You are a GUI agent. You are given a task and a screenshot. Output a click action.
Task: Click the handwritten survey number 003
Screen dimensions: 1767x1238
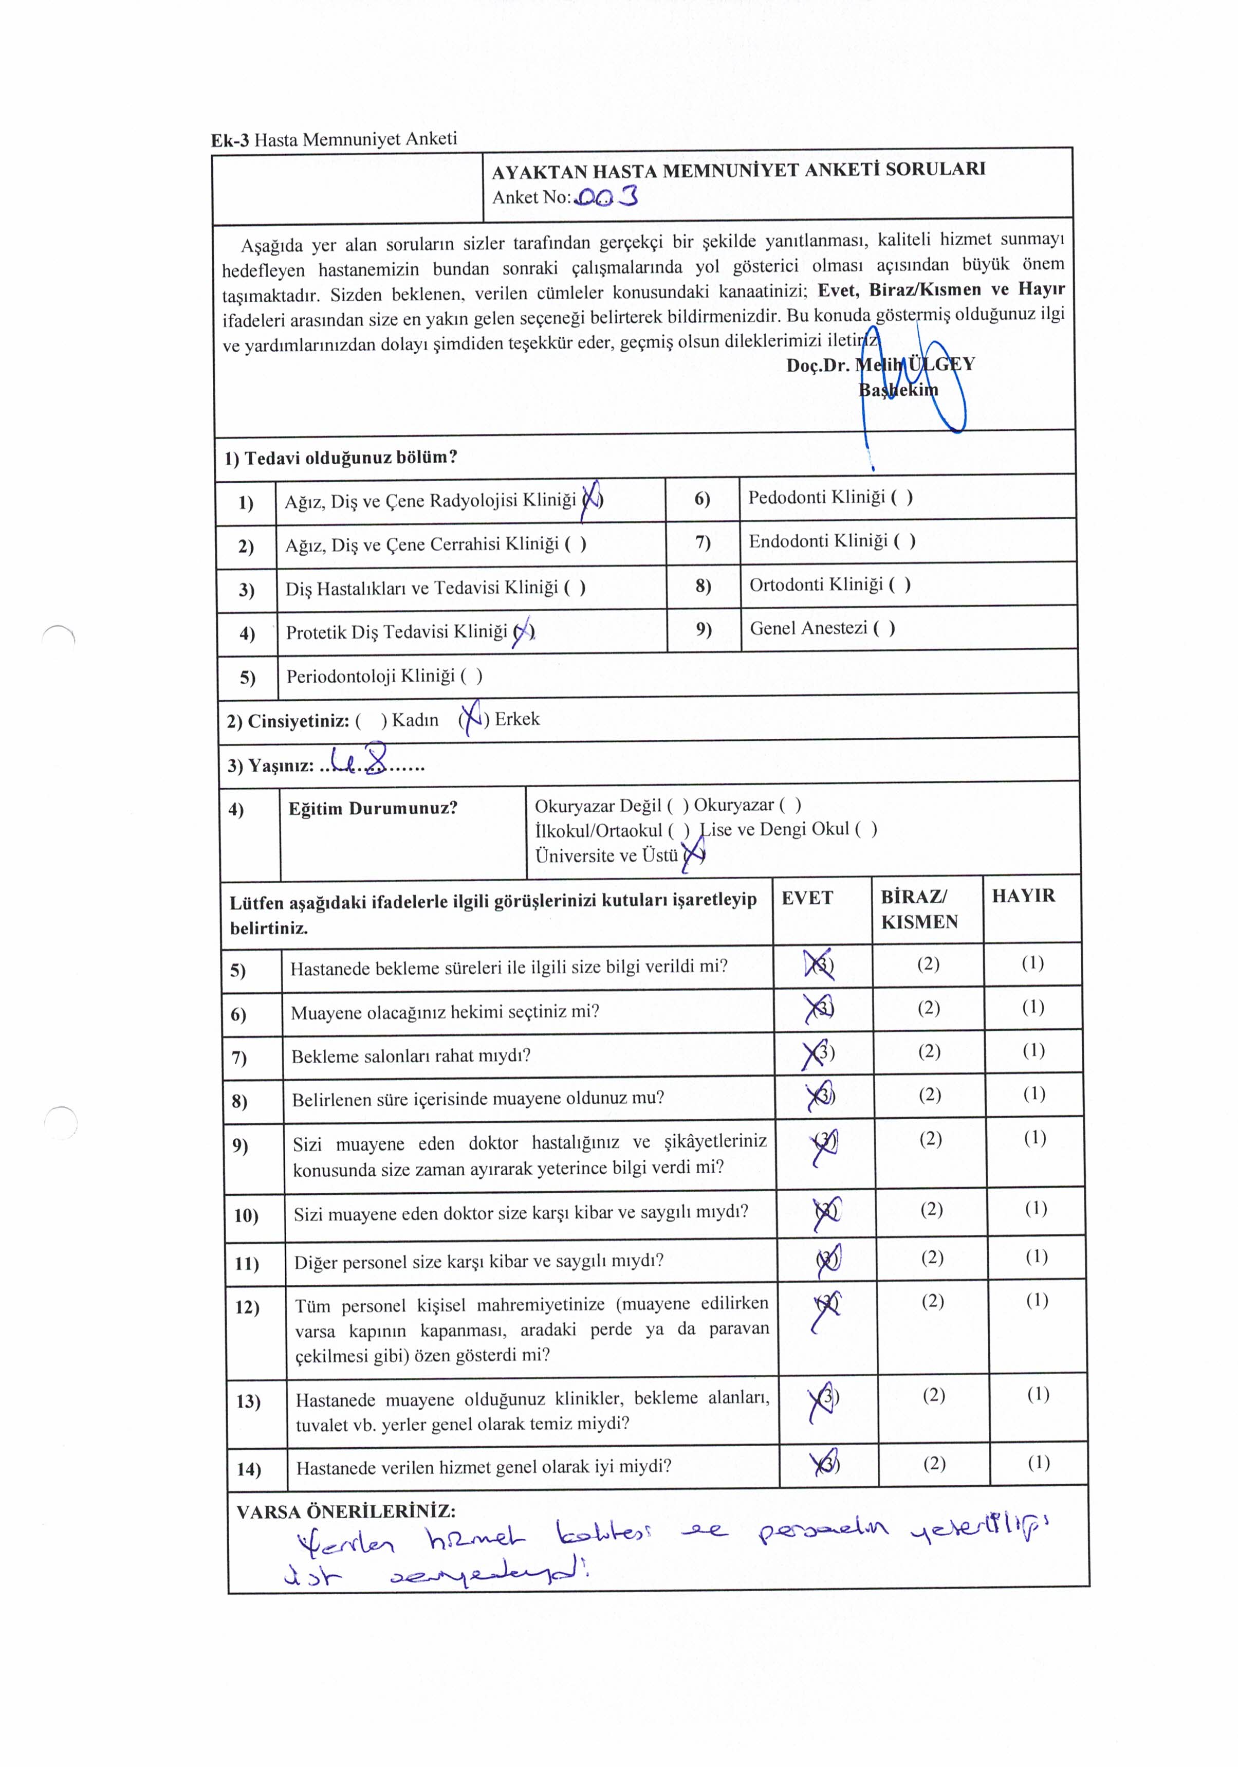point(606,198)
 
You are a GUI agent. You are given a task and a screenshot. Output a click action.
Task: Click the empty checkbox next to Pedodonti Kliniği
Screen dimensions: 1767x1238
point(902,497)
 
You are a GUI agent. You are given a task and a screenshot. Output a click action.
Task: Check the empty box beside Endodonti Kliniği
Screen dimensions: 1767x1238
point(904,541)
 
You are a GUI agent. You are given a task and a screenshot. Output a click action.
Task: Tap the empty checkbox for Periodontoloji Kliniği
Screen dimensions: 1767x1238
point(472,677)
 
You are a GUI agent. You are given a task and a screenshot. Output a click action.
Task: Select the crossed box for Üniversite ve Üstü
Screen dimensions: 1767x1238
point(693,855)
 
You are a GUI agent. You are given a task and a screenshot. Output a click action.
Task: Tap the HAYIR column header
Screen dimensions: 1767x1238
point(1023,896)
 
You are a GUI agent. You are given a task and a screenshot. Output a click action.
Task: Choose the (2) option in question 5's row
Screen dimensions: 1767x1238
point(928,963)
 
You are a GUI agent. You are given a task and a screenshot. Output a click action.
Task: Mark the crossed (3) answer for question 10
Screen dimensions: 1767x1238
point(826,1211)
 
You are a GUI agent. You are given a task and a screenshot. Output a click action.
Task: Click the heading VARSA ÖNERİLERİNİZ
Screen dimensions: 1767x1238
point(345,1511)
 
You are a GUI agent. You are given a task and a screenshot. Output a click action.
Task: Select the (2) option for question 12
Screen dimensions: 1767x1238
point(933,1301)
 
